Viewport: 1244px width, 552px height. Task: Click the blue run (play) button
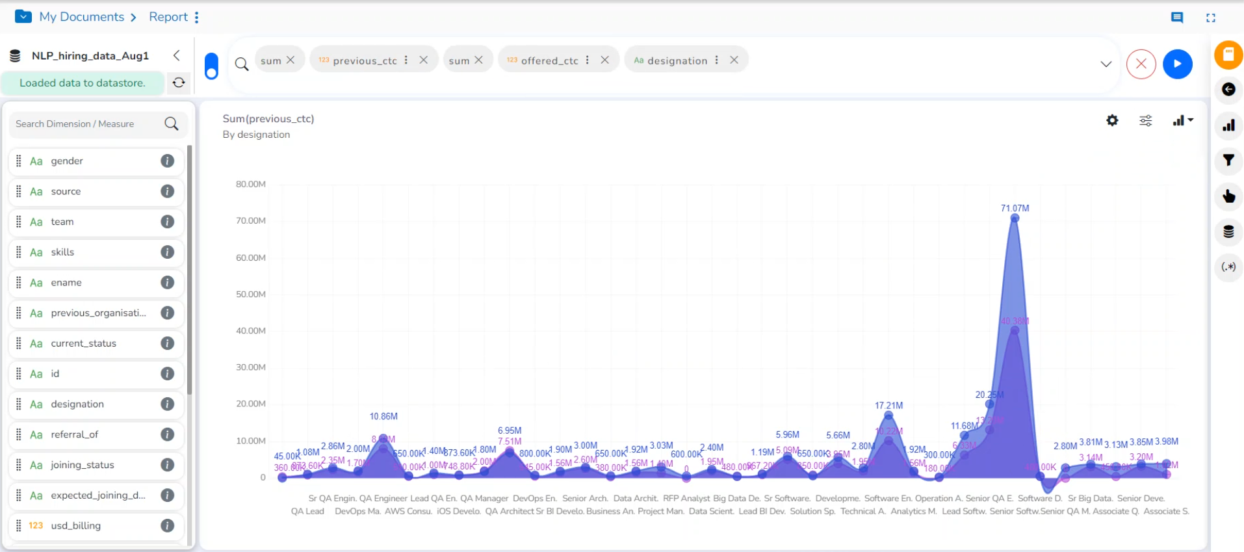click(1177, 64)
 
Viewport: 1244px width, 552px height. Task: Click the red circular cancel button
click(1141, 64)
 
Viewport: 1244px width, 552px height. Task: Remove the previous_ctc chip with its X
click(423, 60)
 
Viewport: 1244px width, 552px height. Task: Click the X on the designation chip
click(734, 60)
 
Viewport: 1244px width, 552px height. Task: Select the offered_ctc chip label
click(549, 60)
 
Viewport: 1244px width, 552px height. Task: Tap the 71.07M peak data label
click(1015, 208)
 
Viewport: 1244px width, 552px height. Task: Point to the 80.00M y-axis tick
click(250, 184)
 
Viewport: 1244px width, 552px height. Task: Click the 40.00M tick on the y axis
click(250, 330)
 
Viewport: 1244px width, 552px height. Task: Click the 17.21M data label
click(888, 405)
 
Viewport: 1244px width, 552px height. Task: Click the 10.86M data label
click(383, 416)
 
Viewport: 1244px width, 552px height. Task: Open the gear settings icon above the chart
click(1112, 120)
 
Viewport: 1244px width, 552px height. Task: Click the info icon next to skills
click(167, 252)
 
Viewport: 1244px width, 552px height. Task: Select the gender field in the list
click(67, 161)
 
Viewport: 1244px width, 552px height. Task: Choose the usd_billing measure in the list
click(75, 525)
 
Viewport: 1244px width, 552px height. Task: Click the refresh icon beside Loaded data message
click(179, 83)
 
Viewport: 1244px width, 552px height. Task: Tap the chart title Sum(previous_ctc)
click(268, 118)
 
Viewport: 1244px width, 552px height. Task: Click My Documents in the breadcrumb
click(81, 17)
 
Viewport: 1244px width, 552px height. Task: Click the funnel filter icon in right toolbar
click(1228, 160)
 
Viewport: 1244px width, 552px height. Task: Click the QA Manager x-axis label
click(484, 498)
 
